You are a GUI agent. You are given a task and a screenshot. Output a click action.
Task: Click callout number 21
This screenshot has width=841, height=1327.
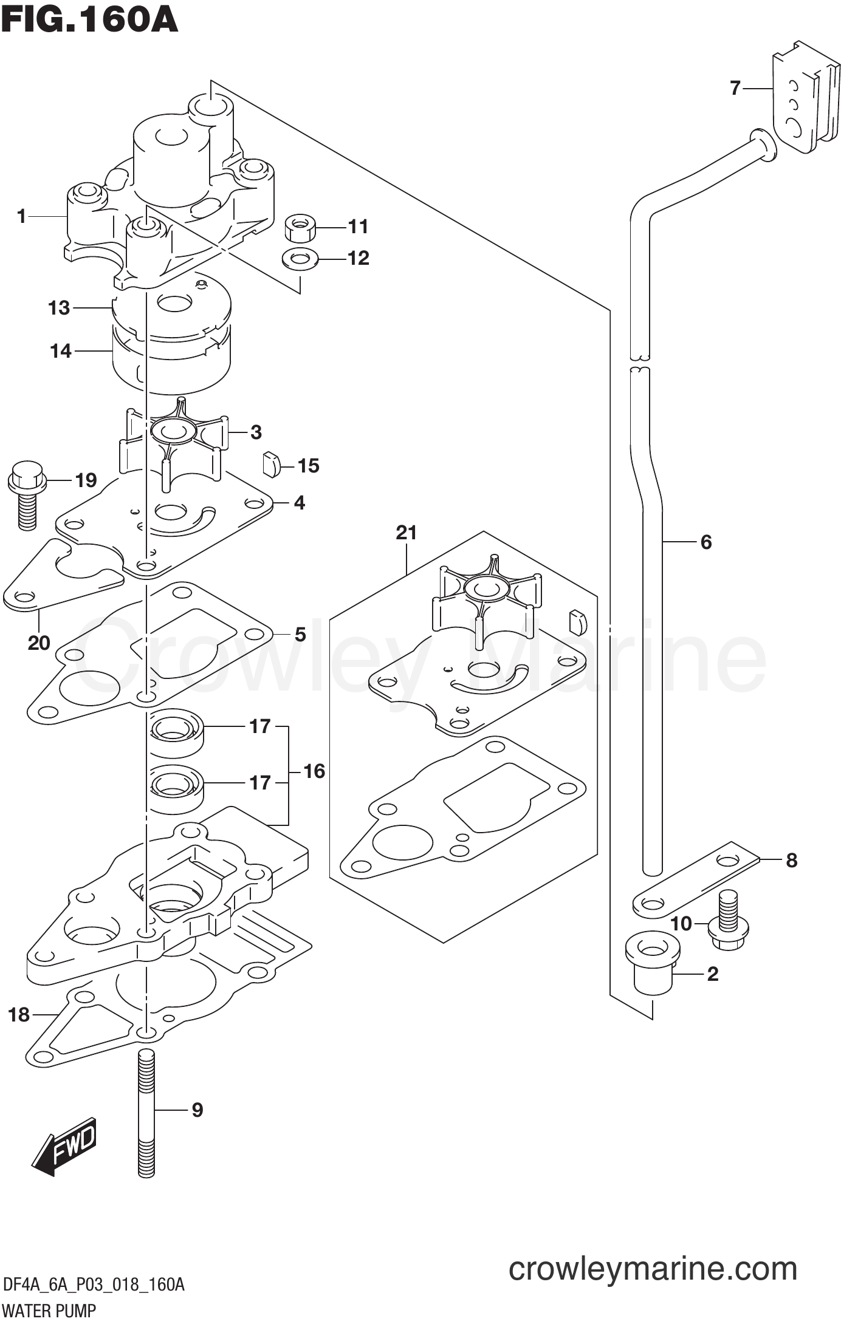click(x=407, y=533)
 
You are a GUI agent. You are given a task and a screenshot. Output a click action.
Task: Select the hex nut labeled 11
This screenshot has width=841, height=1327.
click(x=300, y=228)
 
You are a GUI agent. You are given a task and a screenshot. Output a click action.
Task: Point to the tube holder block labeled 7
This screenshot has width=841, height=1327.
click(x=802, y=100)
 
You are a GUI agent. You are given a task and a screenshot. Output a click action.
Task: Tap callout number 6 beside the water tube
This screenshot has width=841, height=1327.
click(x=705, y=542)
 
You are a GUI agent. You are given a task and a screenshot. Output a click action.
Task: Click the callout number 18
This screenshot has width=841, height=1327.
click(x=19, y=1015)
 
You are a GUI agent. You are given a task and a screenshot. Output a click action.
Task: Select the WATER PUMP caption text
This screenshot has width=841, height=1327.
click(x=49, y=1311)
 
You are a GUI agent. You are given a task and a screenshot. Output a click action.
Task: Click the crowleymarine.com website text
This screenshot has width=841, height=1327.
click(x=652, y=1269)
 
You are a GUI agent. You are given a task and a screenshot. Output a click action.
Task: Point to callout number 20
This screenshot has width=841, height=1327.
click(x=39, y=643)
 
